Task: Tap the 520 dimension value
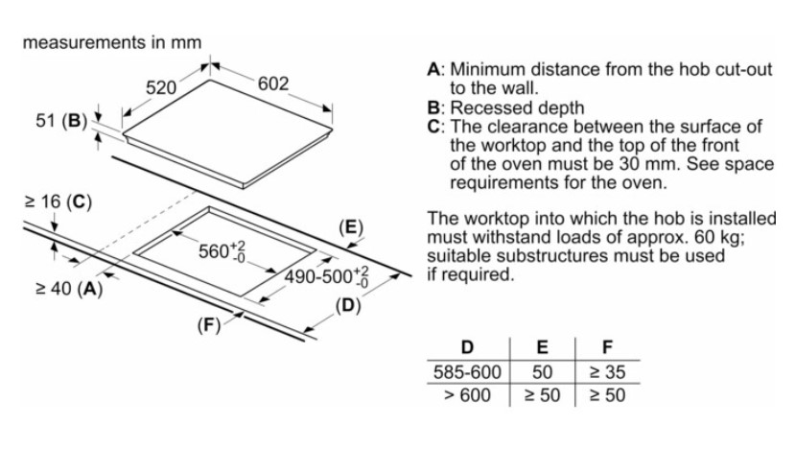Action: (x=160, y=87)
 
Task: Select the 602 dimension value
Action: (x=272, y=83)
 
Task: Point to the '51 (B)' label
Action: (x=60, y=122)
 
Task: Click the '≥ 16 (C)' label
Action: (x=57, y=201)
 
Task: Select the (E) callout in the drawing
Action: (x=352, y=227)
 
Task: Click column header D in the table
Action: (x=466, y=347)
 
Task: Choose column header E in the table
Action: (x=543, y=347)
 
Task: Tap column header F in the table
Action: (x=607, y=347)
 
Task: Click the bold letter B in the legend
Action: (x=433, y=108)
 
